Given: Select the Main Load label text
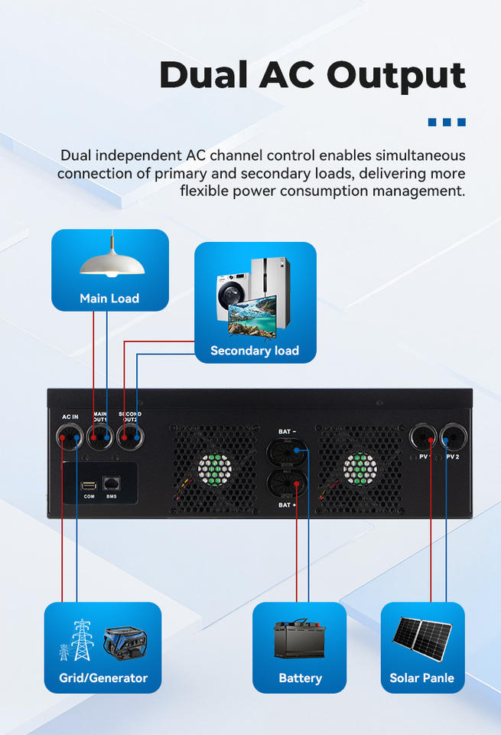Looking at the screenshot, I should (x=109, y=299).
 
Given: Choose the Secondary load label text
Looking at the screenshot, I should (x=255, y=351).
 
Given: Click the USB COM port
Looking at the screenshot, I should (x=89, y=485).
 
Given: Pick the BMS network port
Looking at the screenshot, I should (x=111, y=484).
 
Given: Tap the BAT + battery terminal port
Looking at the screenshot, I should (x=287, y=485).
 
